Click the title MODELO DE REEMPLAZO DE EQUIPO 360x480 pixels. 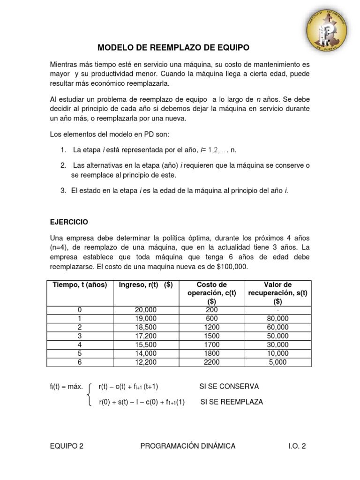pos(173,47)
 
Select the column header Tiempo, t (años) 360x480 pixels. pos(80,285)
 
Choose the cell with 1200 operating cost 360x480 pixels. pos(211,327)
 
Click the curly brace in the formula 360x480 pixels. pos(90,394)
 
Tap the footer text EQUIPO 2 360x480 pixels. pos(67,446)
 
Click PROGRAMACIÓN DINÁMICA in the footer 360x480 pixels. pos(187,446)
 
